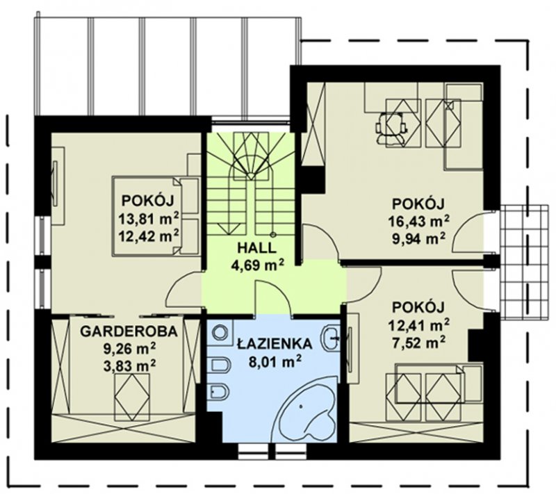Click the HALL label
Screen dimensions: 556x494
(256, 248)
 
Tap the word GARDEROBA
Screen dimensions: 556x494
(129, 331)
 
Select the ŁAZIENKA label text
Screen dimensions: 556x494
(275, 343)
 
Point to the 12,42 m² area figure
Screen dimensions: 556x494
(148, 236)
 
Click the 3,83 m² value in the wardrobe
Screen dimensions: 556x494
(129, 365)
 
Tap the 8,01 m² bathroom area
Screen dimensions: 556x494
(275, 362)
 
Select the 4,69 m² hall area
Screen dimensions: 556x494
(257, 264)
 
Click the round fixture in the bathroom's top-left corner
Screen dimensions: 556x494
(221, 333)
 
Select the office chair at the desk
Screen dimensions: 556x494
(391, 129)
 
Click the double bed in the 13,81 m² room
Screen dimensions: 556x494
(155, 216)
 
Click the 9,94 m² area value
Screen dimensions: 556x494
(418, 239)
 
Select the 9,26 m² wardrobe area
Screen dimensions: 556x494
(129, 348)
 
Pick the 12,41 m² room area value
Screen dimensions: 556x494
(420, 324)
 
